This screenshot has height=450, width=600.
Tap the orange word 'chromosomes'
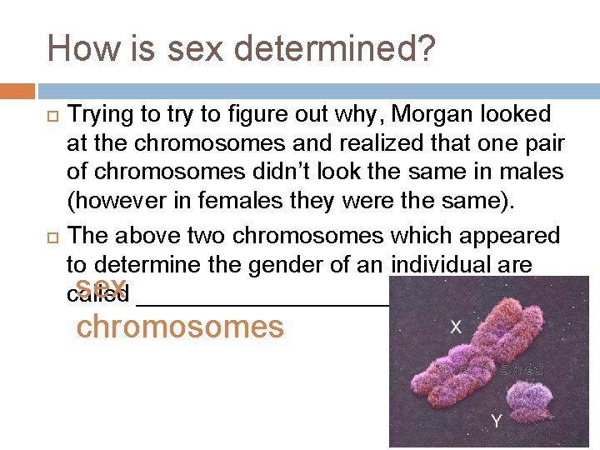180,326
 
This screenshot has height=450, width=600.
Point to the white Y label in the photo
496,422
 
